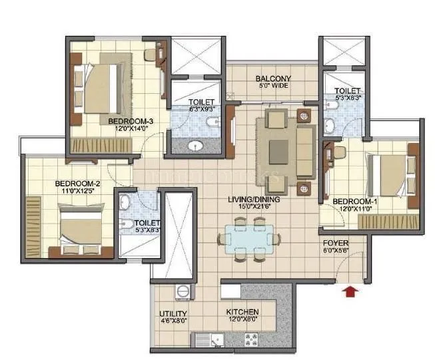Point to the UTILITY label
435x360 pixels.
point(173,313)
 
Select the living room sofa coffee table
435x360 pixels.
point(279,148)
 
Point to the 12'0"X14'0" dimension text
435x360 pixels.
point(131,130)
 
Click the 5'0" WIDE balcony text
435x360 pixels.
point(273,87)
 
